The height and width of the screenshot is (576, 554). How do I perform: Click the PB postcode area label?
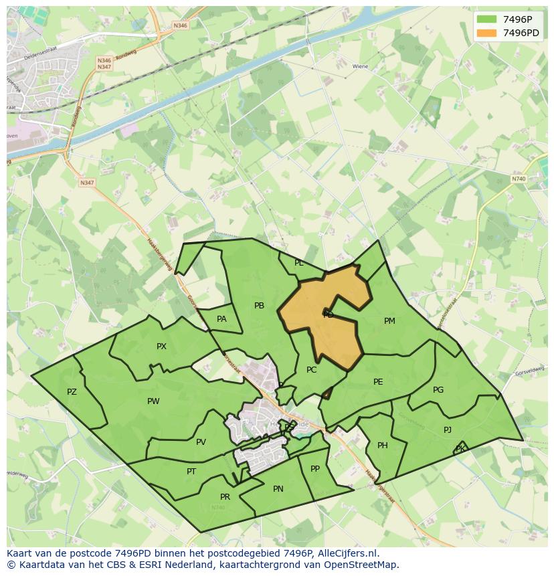tap(259, 306)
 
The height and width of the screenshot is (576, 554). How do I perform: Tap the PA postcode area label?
tap(221, 319)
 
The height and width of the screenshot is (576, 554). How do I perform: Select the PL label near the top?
tap(299, 263)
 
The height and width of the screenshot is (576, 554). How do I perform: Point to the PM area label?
tap(389, 321)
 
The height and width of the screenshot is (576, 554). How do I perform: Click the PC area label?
tap(311, 370)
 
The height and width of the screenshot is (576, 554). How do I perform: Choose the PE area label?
tap(378, 382)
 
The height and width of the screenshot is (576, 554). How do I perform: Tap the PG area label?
tap(438, 390)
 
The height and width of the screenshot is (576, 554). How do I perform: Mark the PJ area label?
tap(448, 430)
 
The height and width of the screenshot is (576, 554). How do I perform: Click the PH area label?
tap(383, 446)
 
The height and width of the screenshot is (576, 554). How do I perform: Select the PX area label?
tap(161, 347)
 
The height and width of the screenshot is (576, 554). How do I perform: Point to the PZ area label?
tap(72, 392)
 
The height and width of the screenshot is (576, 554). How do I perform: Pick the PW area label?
tap(153, 401)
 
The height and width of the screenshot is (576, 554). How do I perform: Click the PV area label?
tap(201, 442)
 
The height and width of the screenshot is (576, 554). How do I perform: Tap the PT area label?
tap(191, 472)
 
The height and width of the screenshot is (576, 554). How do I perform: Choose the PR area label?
tap(225, 497)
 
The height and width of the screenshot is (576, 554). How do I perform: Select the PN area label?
tap(278, 489)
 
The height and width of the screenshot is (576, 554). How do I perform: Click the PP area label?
tap(315, 469)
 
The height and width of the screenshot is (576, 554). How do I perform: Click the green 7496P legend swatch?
tap(486, 19)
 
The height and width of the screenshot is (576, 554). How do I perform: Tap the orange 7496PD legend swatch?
tap(486, 33)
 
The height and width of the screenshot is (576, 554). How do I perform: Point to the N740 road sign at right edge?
tap(519, 179)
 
